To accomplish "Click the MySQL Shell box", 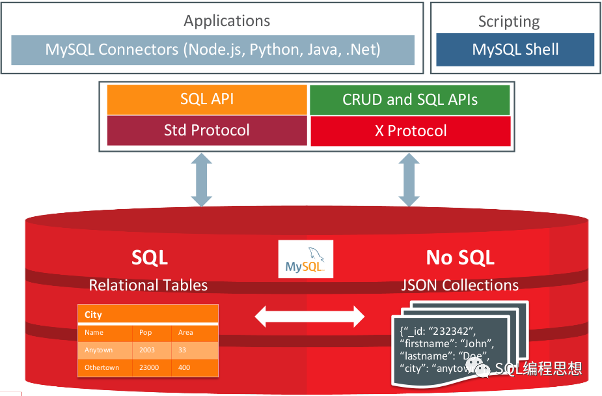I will pyautogui.click(x=515, y=49).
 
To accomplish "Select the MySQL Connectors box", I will pyautogui.click(x=213, y=49).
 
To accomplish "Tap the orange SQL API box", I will pyautogui.click(x=207, y=100).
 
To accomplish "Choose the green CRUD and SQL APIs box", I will pyautogui.click(x=410, y=100).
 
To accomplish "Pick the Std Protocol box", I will pyautogui.click(x=207, y=130).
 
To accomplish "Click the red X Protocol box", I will pyautogui.click(x=411, y=131).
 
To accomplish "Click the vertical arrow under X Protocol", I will pyautogui.click(x=409, y=180).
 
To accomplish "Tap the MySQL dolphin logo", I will pyautogui.click(x=305, y=259).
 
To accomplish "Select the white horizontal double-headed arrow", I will pyautogui.click(x=309, y=317).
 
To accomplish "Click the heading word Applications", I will pyautogui.click(x=226, y=21).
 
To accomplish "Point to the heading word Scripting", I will pyautogui.click(x=509, y=21).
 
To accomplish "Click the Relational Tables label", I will pyautogui.click(x=148, y=285).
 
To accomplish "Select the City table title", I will pyautogui.click(x=94, y=315).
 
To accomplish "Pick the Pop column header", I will pyautogui.click(x=145, y=332).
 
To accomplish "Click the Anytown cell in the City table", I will pyautogui.click(x=99, y=350).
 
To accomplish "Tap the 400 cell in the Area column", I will pyautogui.click(x=184, y=367).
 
